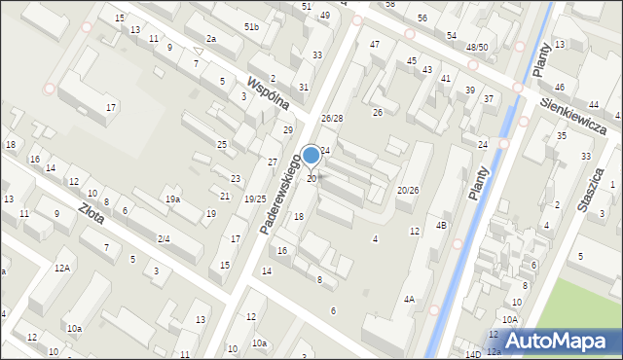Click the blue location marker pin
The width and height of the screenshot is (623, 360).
tap(311, 156)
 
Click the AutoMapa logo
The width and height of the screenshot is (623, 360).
tap(558, 340)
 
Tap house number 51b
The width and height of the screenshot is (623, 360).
tap(251, 26)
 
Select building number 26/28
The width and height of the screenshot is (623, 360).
tap(332, 119)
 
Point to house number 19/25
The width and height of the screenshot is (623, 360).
tap(255, 198)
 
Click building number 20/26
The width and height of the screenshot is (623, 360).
tap(408, 190)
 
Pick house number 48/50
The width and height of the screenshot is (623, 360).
tap(477, 48)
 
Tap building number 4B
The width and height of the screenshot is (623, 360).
tap(441, 226)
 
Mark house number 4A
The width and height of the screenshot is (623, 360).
tap(410, 300)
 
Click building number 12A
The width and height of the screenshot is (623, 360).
tap(62, 268)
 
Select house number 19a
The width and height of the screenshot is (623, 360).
tap(172, 199)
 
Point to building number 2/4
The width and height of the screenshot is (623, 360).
tap(164, 238)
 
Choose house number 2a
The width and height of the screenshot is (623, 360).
tap(210, 39)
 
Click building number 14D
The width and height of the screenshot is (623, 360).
tap(472, 355)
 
